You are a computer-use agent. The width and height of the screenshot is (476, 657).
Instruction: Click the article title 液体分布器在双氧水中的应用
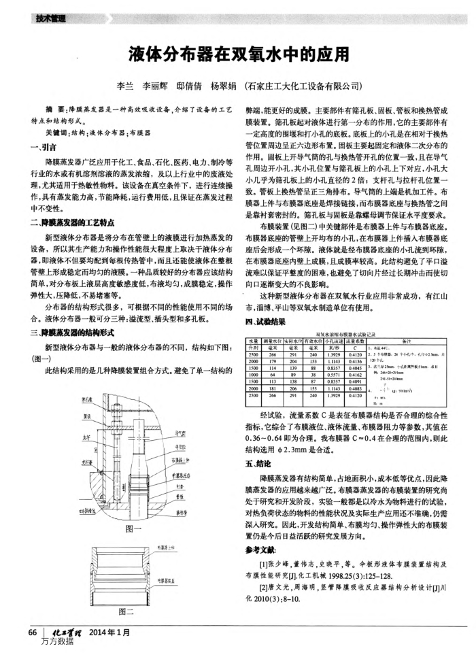pyautogui.click(x=238, y=53)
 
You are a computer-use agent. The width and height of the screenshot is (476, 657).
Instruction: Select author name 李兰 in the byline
pyautogui.click(x=125, y=87)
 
